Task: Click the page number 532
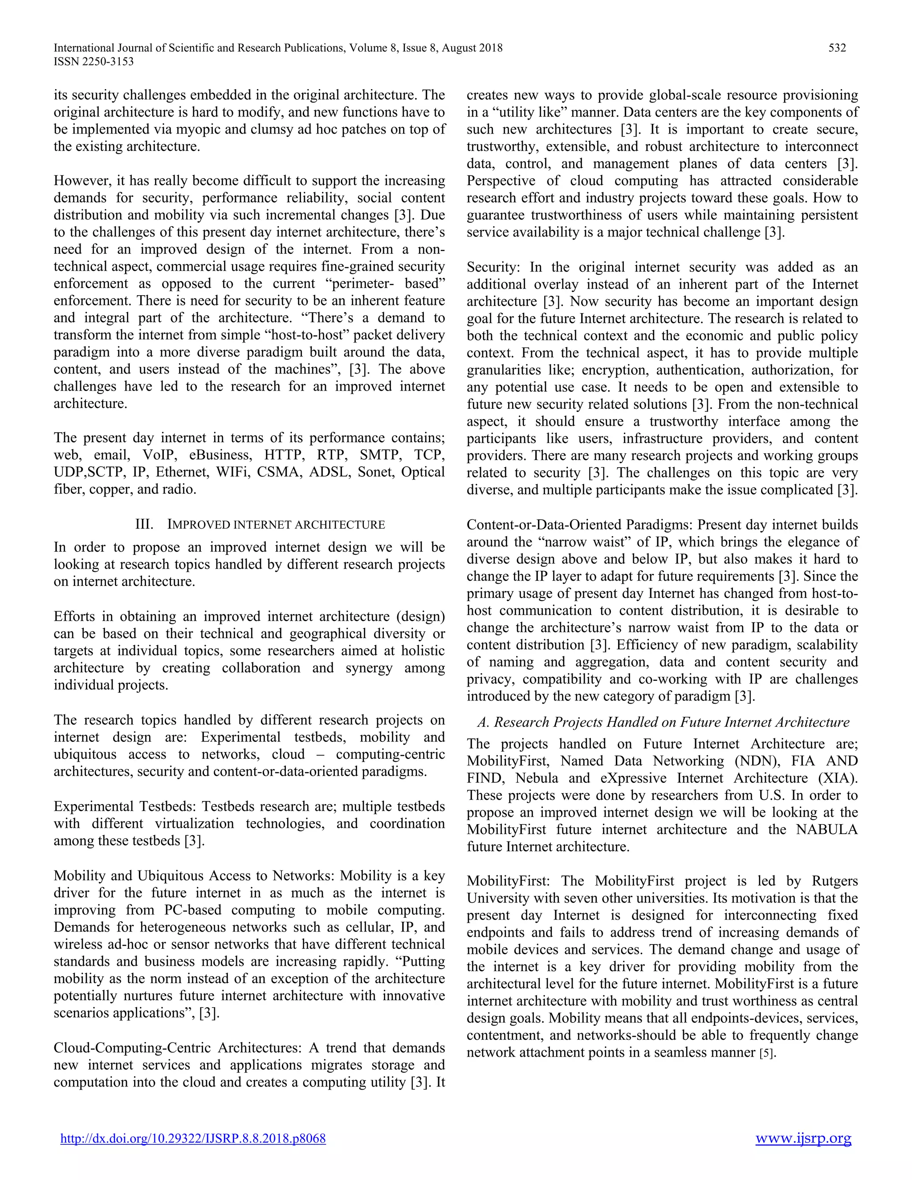coord(837,48)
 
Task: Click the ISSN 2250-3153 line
coord(94,61)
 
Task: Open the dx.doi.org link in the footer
coord(193,1139)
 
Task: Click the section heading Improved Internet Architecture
coord(276,525)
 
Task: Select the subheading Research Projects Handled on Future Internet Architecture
coord(664,722)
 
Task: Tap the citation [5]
coord(768,1053)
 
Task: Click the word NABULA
coord(826,830)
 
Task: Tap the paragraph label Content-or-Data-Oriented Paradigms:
coord(580,525)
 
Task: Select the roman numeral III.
coord(144,525)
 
